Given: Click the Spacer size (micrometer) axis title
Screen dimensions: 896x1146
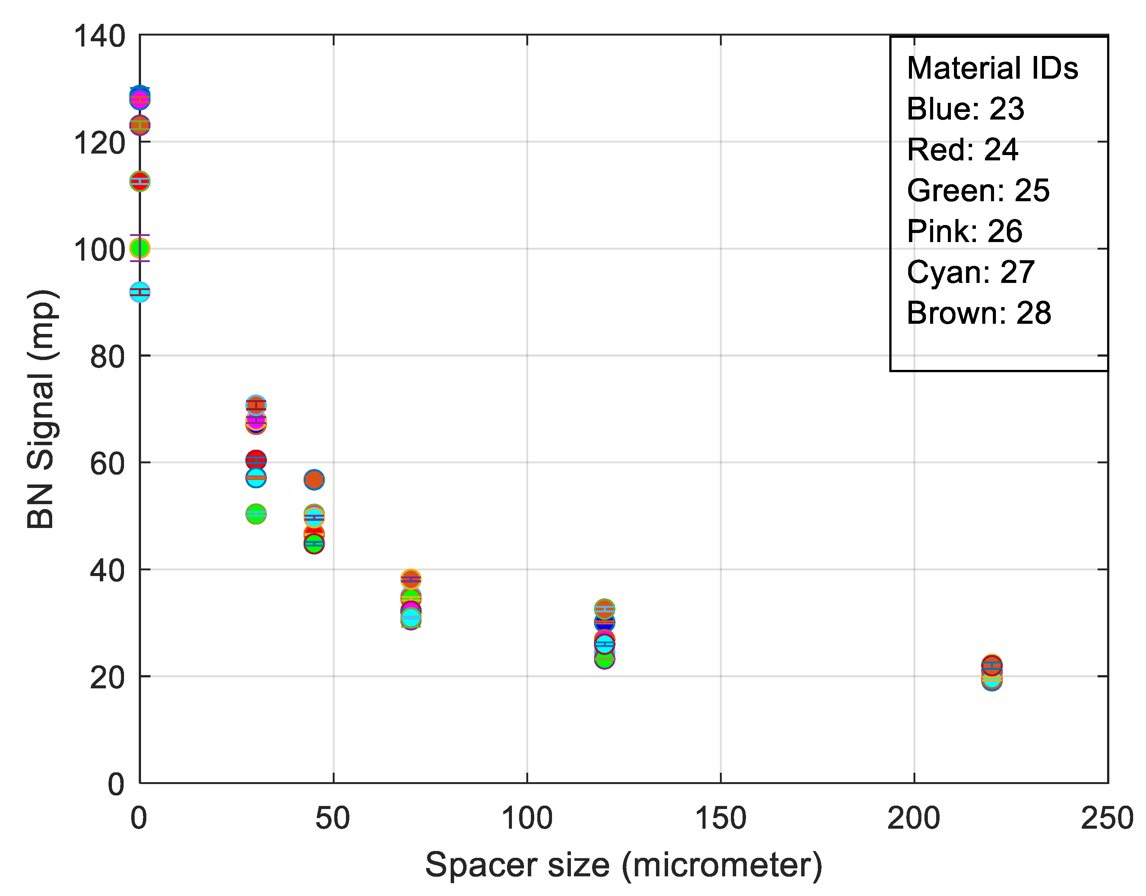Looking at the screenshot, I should pyautogui.click(x=623, y=865).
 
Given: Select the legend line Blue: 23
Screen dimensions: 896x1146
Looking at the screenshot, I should pyautogui.click(x=966, y=109).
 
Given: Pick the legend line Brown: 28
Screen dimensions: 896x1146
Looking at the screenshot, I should pyautogui.click(x=979, y=314).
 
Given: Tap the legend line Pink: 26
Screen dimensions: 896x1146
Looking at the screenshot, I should pyautogui.click(x=965, y=231).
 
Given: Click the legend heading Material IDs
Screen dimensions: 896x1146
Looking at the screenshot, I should pyautogui.click(x=992, y=68).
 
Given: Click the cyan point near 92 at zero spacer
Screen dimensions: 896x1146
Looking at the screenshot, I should pyautogui.click(x=140, y=292).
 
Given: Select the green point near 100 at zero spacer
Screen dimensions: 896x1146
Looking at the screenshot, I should pyautogui.click(x=140, y=248).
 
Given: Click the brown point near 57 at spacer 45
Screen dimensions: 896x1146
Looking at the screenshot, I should pyautogui.click(x=314, y=480).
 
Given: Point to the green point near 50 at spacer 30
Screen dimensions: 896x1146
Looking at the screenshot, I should pyautogui.click(x=256, y=514).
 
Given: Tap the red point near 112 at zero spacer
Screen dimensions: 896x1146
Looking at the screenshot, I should pyautogui.click(x=140, y=181).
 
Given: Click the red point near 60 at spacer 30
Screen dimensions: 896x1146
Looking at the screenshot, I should pyautogui.click(x=256, y=460).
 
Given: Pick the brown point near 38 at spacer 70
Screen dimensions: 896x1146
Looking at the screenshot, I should pyautogui.click(x=411, y=579).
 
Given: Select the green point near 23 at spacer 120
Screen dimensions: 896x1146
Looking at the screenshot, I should pyautogui.click(x=605, y=659).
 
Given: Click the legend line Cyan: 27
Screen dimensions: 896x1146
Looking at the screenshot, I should pyautogui.click(x=970, y=272).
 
